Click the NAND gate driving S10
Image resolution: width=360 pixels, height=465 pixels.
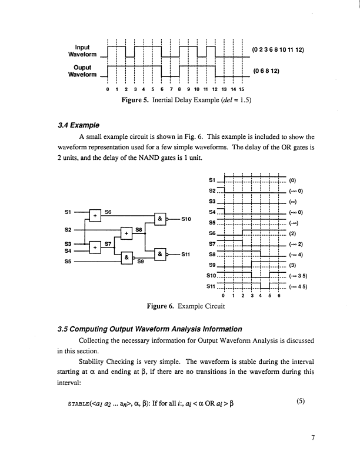tap(159, 220)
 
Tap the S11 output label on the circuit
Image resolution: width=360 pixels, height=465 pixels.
tap(185, 255)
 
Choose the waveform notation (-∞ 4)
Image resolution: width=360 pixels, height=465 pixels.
tap(294, 256)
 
